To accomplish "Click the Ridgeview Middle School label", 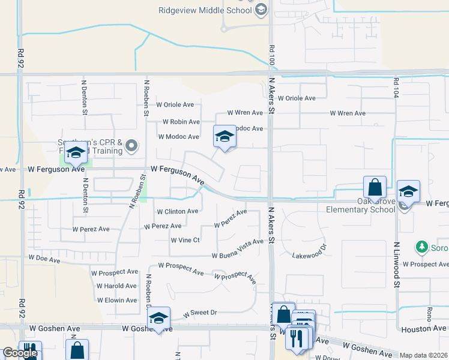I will tap(205, 10).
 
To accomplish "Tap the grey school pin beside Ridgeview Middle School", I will tap(261, 10).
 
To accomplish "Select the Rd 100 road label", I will tap(272, 55).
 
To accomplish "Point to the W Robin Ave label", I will tap(178, 122).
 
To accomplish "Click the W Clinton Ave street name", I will tap(177, 211).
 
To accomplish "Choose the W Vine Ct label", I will tap(185, 240).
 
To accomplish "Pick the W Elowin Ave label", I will tap(117, 300).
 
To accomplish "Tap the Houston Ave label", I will tap(424, 329).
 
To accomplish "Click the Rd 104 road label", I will tap(396, 89).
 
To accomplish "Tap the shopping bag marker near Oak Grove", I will tap(375, 187).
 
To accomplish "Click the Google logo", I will tap(20, 353).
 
